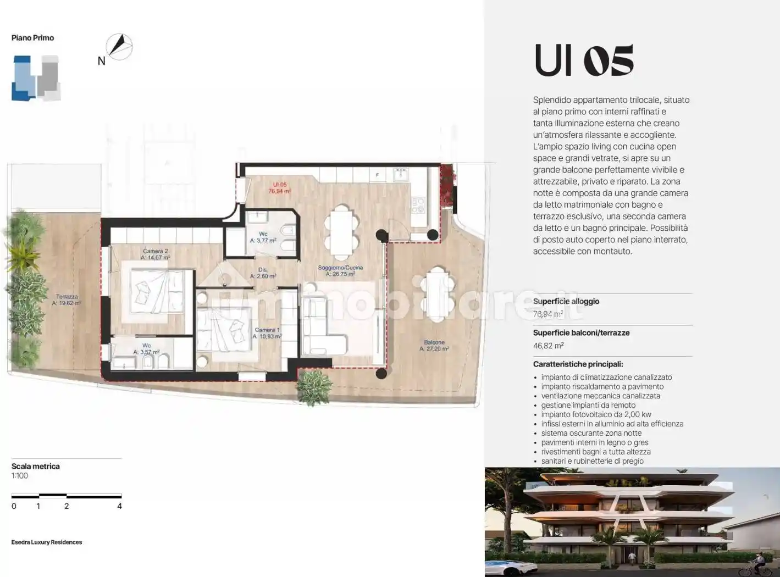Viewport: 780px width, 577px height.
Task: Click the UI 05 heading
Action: tap(584, 60)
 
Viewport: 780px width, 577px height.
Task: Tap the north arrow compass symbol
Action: tap(119, 47)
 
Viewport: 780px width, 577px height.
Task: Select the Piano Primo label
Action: tap(32, 38)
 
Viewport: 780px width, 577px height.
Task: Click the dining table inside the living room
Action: tap(341, 231)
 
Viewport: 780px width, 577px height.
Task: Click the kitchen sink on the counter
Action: tap(400, 175)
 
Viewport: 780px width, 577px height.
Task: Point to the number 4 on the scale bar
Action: tap(119, 506)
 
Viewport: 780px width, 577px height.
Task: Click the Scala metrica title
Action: tap(36, 466)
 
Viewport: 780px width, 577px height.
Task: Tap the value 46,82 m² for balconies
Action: tap(548, 346)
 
